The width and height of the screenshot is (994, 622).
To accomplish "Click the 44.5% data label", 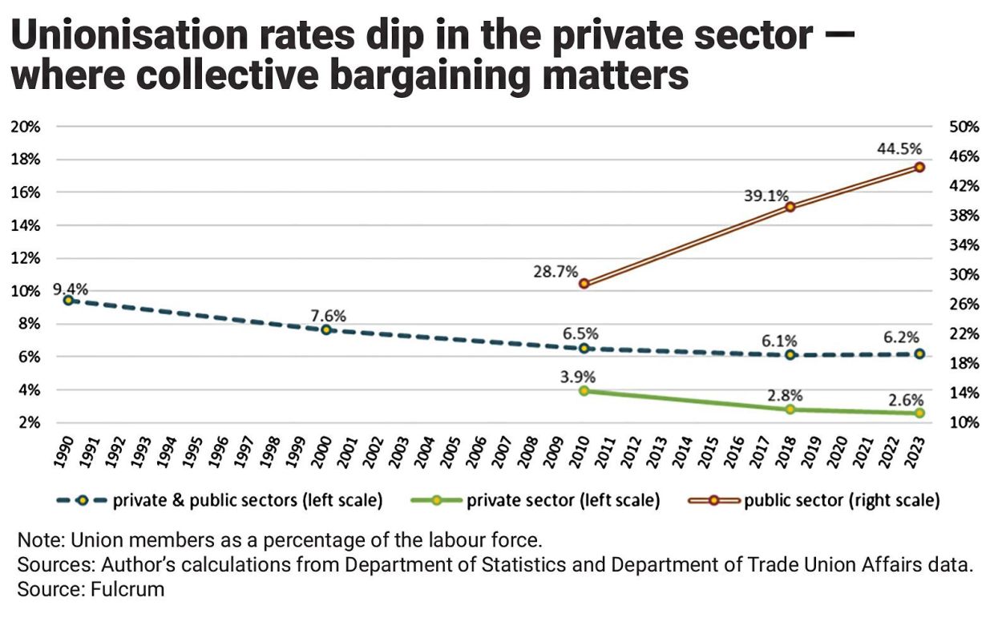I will pos(899,149).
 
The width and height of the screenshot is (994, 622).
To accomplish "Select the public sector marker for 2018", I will pos(790,207).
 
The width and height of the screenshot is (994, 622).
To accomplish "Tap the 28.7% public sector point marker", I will pos(584,283).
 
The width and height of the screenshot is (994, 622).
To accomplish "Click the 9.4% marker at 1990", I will pos(68,301).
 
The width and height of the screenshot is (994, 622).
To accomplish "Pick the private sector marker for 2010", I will pos(584,391).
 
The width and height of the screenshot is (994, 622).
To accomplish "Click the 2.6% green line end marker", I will pos(919,413).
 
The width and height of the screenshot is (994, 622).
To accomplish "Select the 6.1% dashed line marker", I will pos(790,354).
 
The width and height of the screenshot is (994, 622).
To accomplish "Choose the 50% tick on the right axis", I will pos(965,127).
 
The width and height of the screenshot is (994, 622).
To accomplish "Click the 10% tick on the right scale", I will pos(965,422).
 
